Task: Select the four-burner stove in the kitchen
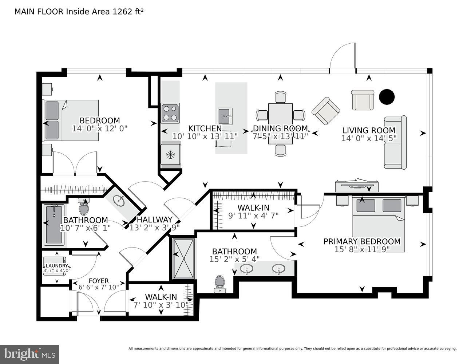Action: point(170,113)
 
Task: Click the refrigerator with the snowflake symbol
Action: point(170,155)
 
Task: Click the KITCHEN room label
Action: point(205,128)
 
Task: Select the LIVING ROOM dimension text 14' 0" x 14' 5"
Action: point(369,138)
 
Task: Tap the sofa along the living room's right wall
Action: point(395,143)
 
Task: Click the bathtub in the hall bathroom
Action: point(54,225)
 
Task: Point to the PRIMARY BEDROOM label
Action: point(362,241)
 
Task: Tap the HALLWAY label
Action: point(154,219)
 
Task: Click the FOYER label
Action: point(99,281)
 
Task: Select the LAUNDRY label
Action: point(56,266)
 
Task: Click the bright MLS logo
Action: point(29,354)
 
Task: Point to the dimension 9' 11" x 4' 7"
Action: point(253,215)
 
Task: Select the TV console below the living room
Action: point(356,186)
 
